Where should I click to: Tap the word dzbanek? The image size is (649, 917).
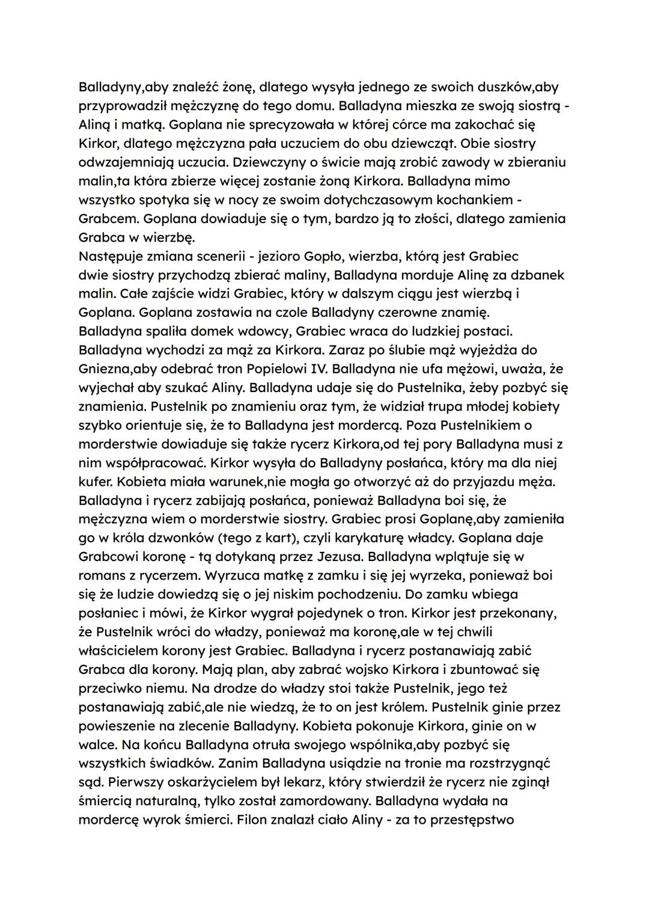(538, 275)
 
